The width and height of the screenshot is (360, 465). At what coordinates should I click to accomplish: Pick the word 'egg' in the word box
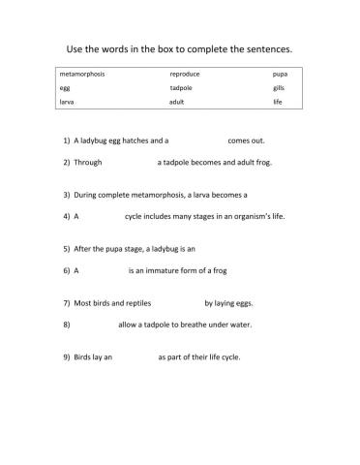pos(65,87)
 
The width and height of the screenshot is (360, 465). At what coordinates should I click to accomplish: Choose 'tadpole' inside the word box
pos(182,87)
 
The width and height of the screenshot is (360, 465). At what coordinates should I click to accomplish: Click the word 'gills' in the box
pos(279,87)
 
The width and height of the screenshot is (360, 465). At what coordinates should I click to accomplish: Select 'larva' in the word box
pos(68,101)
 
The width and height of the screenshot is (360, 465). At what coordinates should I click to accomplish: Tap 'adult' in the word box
pos(177,101)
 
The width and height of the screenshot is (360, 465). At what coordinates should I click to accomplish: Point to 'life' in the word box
pos(278,101)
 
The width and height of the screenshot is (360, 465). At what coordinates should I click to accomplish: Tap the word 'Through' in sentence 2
pos(88,162)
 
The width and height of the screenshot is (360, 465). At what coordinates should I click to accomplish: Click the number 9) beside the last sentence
pos(65,357)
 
